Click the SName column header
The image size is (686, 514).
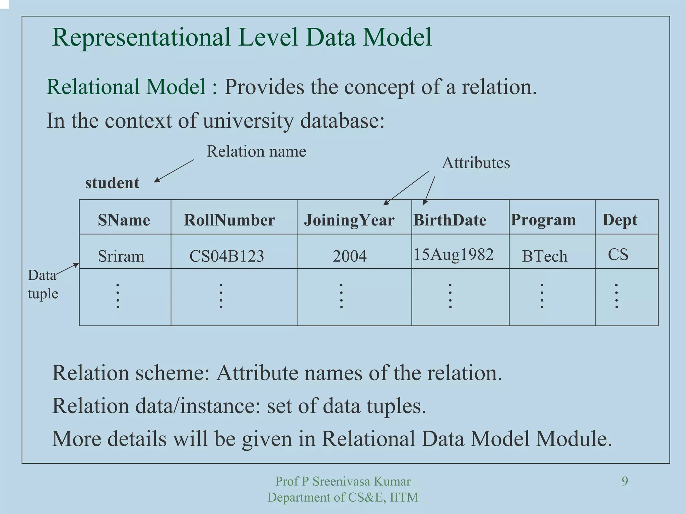click(124, 220)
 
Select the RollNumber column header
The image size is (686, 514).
click(229, 220)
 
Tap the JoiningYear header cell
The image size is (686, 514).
click(349, 220)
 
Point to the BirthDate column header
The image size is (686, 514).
click(450, 220)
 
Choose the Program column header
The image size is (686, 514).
click(543, 220)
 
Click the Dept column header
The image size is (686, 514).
click(620, 220)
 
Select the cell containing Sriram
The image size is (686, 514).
click(121, 256)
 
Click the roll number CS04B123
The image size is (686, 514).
click(227, 256)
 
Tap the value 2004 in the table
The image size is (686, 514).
click(349, 256)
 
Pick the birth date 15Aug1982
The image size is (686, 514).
click(454, 254)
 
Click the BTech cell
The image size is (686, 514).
click(545, 256)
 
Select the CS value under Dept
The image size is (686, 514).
click(618, 254)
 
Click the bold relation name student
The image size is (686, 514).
click(112, 183)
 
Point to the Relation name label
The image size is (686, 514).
click(256, 151)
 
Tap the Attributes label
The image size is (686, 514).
click(476, 163)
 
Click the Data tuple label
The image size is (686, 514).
click(43, 284)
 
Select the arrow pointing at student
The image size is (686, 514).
click(174, 171)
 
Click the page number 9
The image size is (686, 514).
click(625, 481)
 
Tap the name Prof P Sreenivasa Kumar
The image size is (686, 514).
click(343, 481)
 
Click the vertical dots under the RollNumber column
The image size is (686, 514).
click(221, 296)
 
